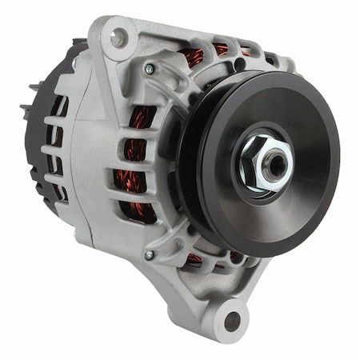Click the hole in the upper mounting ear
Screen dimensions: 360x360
tap(119, 36)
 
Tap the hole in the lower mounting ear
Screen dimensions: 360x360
tap(233, 322)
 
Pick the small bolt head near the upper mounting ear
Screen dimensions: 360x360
tap(148, 70)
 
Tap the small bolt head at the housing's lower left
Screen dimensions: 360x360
tap(148, 255)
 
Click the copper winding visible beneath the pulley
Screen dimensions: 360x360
tap(194, 258)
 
